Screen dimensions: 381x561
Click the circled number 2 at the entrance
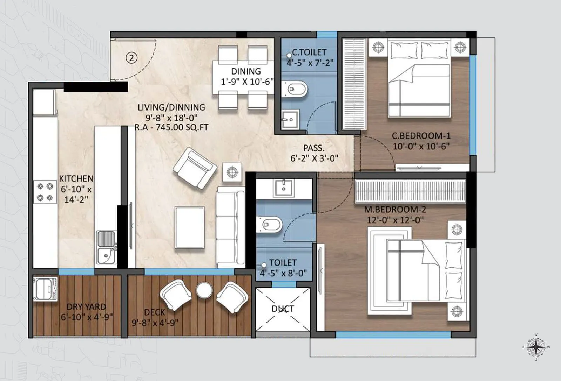coord(131,58)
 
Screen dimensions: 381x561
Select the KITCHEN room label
coord(76,178)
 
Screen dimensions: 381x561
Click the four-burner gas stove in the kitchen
coord(45,192)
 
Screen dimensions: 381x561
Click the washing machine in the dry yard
coord(45,289)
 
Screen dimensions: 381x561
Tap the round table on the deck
coord(204,290)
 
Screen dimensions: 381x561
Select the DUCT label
coord(283,309)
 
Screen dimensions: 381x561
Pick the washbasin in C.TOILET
coord(290,119)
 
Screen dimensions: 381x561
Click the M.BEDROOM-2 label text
coord(395,210)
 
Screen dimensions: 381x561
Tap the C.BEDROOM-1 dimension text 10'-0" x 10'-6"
coord(421,146)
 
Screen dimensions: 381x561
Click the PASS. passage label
coord(314,148)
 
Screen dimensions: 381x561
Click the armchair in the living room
coord(195,168)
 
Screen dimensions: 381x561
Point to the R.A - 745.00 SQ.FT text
coord(171,127)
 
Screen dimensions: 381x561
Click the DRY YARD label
coord(86,307)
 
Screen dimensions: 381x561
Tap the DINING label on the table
coord(246,71)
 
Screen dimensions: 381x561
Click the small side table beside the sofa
coord(232,172)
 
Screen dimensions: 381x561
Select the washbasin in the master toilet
coord(284,188)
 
